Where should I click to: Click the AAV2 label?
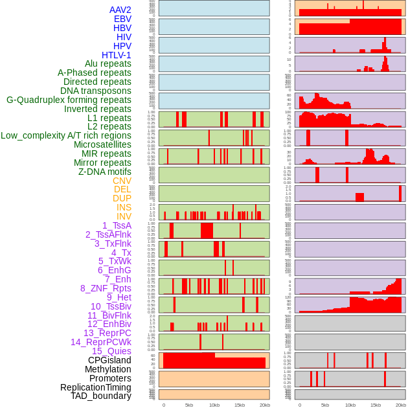120,10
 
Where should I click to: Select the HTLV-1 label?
116,55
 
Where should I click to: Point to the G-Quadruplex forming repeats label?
69,100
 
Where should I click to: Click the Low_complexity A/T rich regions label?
66,135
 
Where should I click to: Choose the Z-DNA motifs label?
104,172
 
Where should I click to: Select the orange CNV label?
122,181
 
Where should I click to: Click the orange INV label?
124,216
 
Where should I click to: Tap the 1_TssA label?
117,225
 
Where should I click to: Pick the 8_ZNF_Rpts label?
106,288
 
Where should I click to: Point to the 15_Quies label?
111,351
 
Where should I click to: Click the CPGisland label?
109,360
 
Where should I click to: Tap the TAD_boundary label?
101,396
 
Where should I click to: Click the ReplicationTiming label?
95,387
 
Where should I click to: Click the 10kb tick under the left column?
214,405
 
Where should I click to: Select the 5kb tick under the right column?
324,405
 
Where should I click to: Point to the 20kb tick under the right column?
401,405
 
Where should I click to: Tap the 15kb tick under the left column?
239,405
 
